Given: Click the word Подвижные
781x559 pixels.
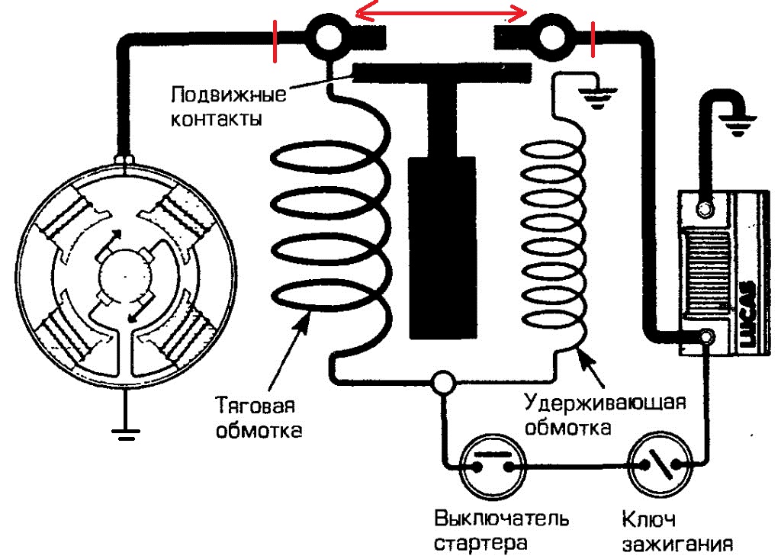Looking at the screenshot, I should [228, 97].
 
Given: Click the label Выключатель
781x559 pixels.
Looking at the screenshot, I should [501, 519].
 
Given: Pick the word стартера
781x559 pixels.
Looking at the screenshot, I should [481, 544].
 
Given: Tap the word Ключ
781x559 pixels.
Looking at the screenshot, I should [649, 519].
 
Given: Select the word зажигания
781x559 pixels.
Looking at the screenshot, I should [676, 544].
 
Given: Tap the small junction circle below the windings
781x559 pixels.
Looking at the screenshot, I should [441, 380].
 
